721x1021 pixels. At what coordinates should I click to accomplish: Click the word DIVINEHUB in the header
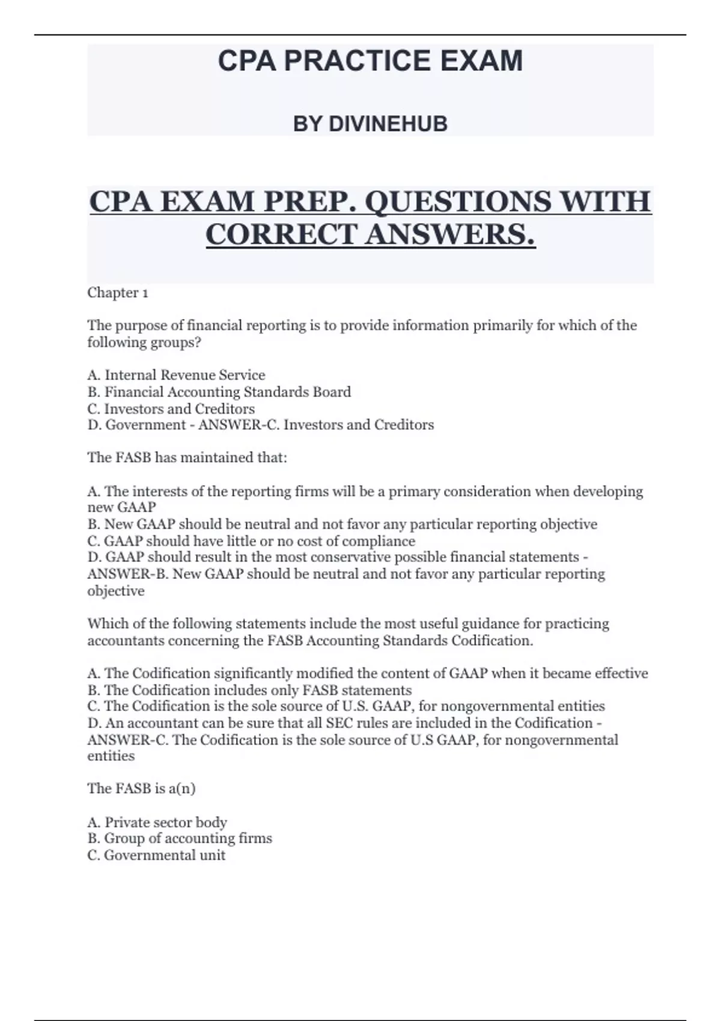(x=388, y=124)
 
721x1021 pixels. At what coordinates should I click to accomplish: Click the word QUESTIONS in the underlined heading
(x=457, y=201)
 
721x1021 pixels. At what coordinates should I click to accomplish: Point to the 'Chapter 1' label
(x=118, y=293)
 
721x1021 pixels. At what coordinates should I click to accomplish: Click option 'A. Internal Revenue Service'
(x=176, y=375)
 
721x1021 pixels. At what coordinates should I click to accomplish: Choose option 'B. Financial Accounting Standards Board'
(x=219, y=392)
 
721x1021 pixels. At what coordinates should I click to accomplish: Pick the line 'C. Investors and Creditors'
(x=171, y=409)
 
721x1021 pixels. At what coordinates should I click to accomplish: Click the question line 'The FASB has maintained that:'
(x=187, y=458)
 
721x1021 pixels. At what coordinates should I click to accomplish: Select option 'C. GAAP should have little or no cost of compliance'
(x=251, y=541)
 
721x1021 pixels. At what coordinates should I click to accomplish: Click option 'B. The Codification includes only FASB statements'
(x=249, y=690)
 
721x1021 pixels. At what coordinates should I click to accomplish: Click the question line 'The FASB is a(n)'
(x=141, y=789)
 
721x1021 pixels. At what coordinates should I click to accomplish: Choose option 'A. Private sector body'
(x=157, y=822)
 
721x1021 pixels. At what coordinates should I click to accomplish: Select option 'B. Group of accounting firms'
(x=180, y=838)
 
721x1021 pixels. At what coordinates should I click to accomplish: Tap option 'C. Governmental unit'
(x=156, y=855)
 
